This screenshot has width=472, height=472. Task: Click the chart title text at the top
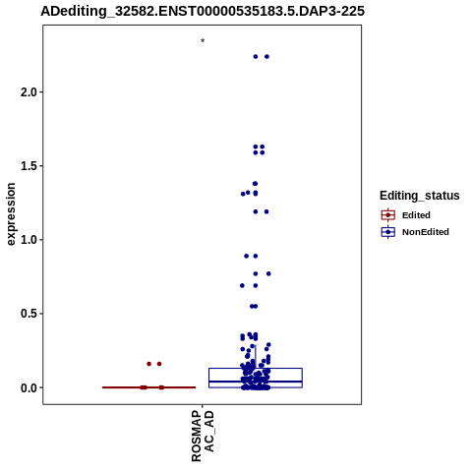[203, 11]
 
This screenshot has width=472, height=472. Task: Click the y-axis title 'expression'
[11, 214]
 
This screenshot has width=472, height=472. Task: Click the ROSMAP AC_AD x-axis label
[203, 436]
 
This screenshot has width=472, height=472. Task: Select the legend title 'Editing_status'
[420, 196]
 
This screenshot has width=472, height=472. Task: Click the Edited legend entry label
[416, 215]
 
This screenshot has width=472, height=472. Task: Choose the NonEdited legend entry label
[426, 232]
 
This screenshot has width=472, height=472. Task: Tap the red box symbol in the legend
[388, 215]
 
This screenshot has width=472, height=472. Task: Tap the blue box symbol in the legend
[388, 232]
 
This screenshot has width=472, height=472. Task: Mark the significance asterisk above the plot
[203, 41]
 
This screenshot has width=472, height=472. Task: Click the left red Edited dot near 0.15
[149, 364]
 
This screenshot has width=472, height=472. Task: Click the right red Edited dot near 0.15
[159, 364]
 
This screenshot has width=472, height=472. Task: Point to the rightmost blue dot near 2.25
[266, 57]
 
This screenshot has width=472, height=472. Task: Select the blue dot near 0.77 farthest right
[268, 273]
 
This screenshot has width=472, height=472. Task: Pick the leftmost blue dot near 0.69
[242, 285]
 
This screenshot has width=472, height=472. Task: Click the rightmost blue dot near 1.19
[266, 211]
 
